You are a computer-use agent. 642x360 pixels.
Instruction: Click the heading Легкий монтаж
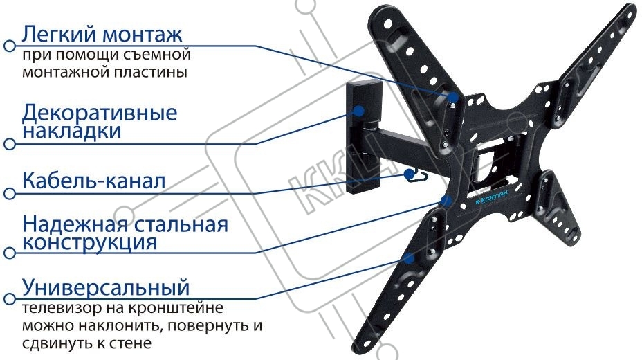tap(102, 34)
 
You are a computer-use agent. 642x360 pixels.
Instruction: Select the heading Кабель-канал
tap(94, 181)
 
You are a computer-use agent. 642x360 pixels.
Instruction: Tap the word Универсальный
tap(106, 288)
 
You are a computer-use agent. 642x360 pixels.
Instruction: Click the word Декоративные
tap(100, 114)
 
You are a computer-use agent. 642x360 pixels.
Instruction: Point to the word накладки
tap(72, 132)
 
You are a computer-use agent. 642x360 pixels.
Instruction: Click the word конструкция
tap(90, 242)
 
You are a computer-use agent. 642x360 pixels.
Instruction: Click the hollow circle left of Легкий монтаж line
tap(10, 46)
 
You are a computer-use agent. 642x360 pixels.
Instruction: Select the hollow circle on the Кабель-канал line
tap(10, 193)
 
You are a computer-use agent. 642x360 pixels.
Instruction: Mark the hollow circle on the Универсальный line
tap(10, 299)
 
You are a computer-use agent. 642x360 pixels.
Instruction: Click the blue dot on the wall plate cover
tap(359, 111)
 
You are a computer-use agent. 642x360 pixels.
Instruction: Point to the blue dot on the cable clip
tap(409, 174)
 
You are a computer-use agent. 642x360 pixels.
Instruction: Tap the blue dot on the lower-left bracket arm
tap(409, 258)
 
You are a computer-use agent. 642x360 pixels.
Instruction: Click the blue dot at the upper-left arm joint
tap(453, 97)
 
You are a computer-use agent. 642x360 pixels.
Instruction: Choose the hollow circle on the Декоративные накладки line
tap(10, 144)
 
